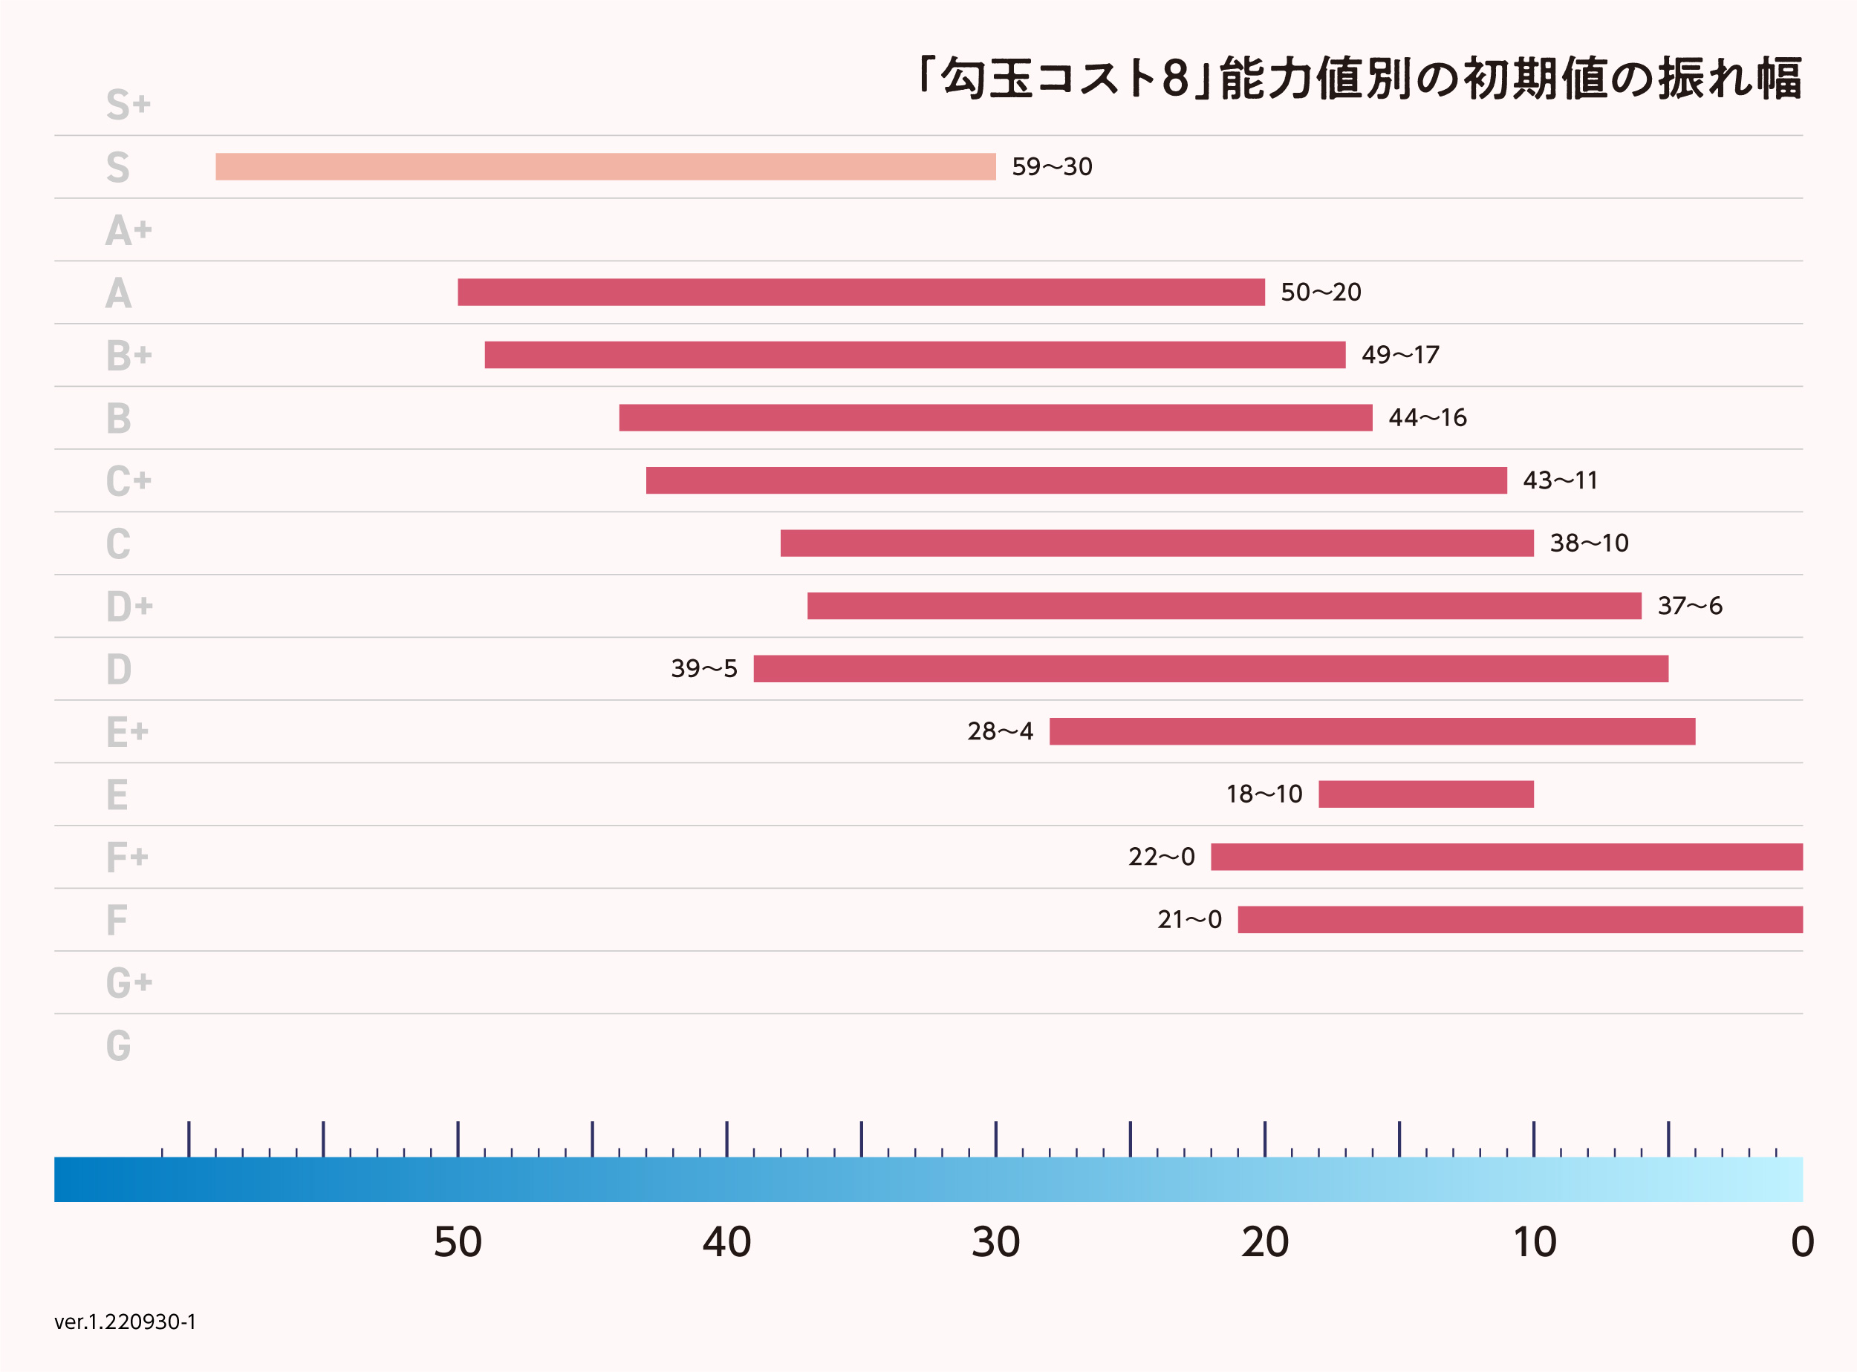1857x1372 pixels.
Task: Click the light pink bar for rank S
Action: [x=605, y=167]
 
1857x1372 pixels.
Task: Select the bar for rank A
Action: [x=861, y=293]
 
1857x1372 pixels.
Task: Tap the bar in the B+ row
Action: [x=915, y=355]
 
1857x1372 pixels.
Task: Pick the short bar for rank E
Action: [x=1425, y=794]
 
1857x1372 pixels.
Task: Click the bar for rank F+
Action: [x=1506, y=857]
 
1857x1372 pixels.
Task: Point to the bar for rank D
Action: [x=1211, y=669]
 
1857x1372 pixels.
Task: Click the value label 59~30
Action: [x=1052, y=167]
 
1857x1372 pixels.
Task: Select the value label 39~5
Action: [x=703, y=669]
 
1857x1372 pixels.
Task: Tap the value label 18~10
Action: [x=1264, y=794]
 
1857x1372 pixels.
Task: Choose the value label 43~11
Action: [x=1560, y=480]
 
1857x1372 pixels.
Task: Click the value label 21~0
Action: [x=1189, y=919]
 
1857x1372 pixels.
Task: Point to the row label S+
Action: [x=128, y=105]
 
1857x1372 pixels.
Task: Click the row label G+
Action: [x=129, y=982]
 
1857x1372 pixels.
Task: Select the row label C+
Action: [x=128, y=481]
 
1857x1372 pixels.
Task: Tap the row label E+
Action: [x=127, y=732]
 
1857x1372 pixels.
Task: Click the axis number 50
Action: [x=458, y=1242]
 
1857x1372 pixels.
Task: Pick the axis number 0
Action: [x=1802, y=1242]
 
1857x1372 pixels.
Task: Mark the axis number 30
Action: [x=995, y=1242]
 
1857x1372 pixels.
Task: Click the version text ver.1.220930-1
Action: [x=126, y=1322]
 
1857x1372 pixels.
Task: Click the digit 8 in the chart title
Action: [x=1175, y=79]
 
